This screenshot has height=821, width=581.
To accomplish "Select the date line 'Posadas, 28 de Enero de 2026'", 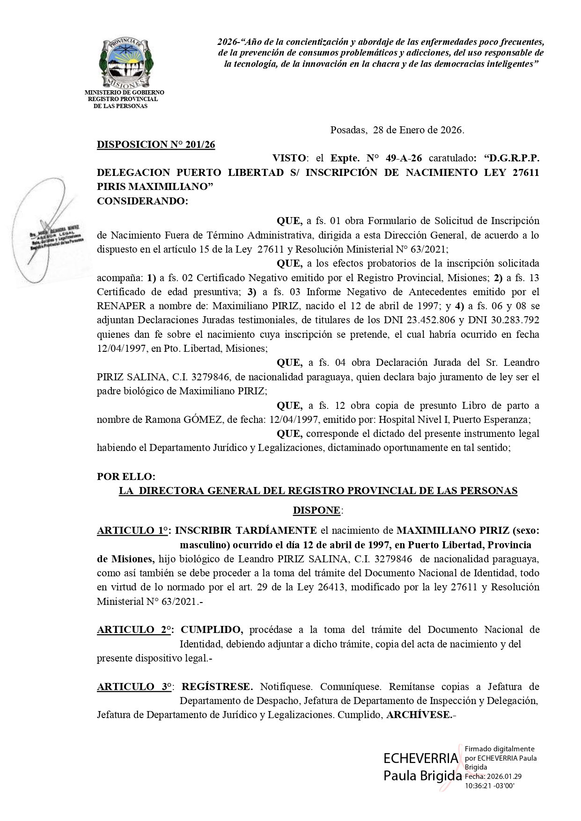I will (x=397, y=130).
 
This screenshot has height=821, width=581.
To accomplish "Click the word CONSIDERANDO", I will (x=142, y=201).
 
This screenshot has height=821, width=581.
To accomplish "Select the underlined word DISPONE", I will (x=316, y=510).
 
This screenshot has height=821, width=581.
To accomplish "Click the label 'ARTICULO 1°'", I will (x=132, y=530).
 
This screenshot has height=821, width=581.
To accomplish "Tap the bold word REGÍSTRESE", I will (x=217, y=687).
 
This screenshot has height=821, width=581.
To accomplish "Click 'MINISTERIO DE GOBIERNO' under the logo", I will (x=124, y=93).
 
